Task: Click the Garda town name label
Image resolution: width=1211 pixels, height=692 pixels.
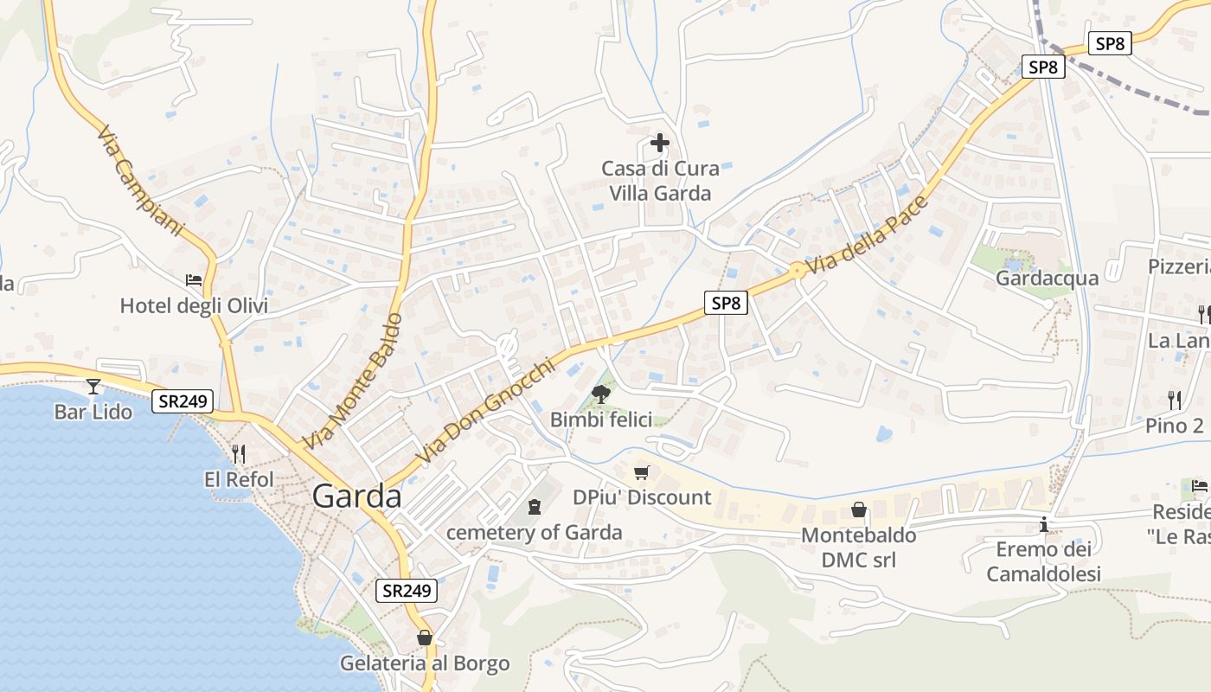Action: [356, 497]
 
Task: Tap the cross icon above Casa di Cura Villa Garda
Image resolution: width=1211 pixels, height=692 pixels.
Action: [660, 143]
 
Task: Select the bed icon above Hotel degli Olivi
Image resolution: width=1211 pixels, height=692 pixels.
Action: [194, 280]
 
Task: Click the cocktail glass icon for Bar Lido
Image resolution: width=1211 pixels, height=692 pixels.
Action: [93, 386]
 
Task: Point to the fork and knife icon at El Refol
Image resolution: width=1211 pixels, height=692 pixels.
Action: [239, 452]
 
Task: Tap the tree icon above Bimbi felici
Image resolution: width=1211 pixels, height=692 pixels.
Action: [600, 394]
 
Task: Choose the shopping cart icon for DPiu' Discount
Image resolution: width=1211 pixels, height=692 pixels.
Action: [641, 472]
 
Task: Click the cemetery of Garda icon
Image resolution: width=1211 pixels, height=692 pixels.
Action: [534, 506]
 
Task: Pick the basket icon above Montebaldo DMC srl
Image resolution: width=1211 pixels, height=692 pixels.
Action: [859, 509]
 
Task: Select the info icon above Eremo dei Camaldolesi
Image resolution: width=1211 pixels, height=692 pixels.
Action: [1044, 524]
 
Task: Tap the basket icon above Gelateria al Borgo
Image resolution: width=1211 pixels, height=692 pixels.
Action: [425, 638]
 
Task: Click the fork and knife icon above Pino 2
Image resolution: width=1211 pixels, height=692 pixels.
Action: [1174, 400]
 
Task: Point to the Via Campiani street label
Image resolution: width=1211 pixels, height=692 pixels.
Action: [141, 182]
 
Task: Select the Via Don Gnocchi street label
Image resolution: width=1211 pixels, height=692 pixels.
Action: [484, 411]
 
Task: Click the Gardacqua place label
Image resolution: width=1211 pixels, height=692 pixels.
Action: [1047, 278]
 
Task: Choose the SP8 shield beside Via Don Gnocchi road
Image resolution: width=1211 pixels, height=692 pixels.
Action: [725, 303]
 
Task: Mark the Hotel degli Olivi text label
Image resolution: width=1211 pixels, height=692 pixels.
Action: [194, 306]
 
